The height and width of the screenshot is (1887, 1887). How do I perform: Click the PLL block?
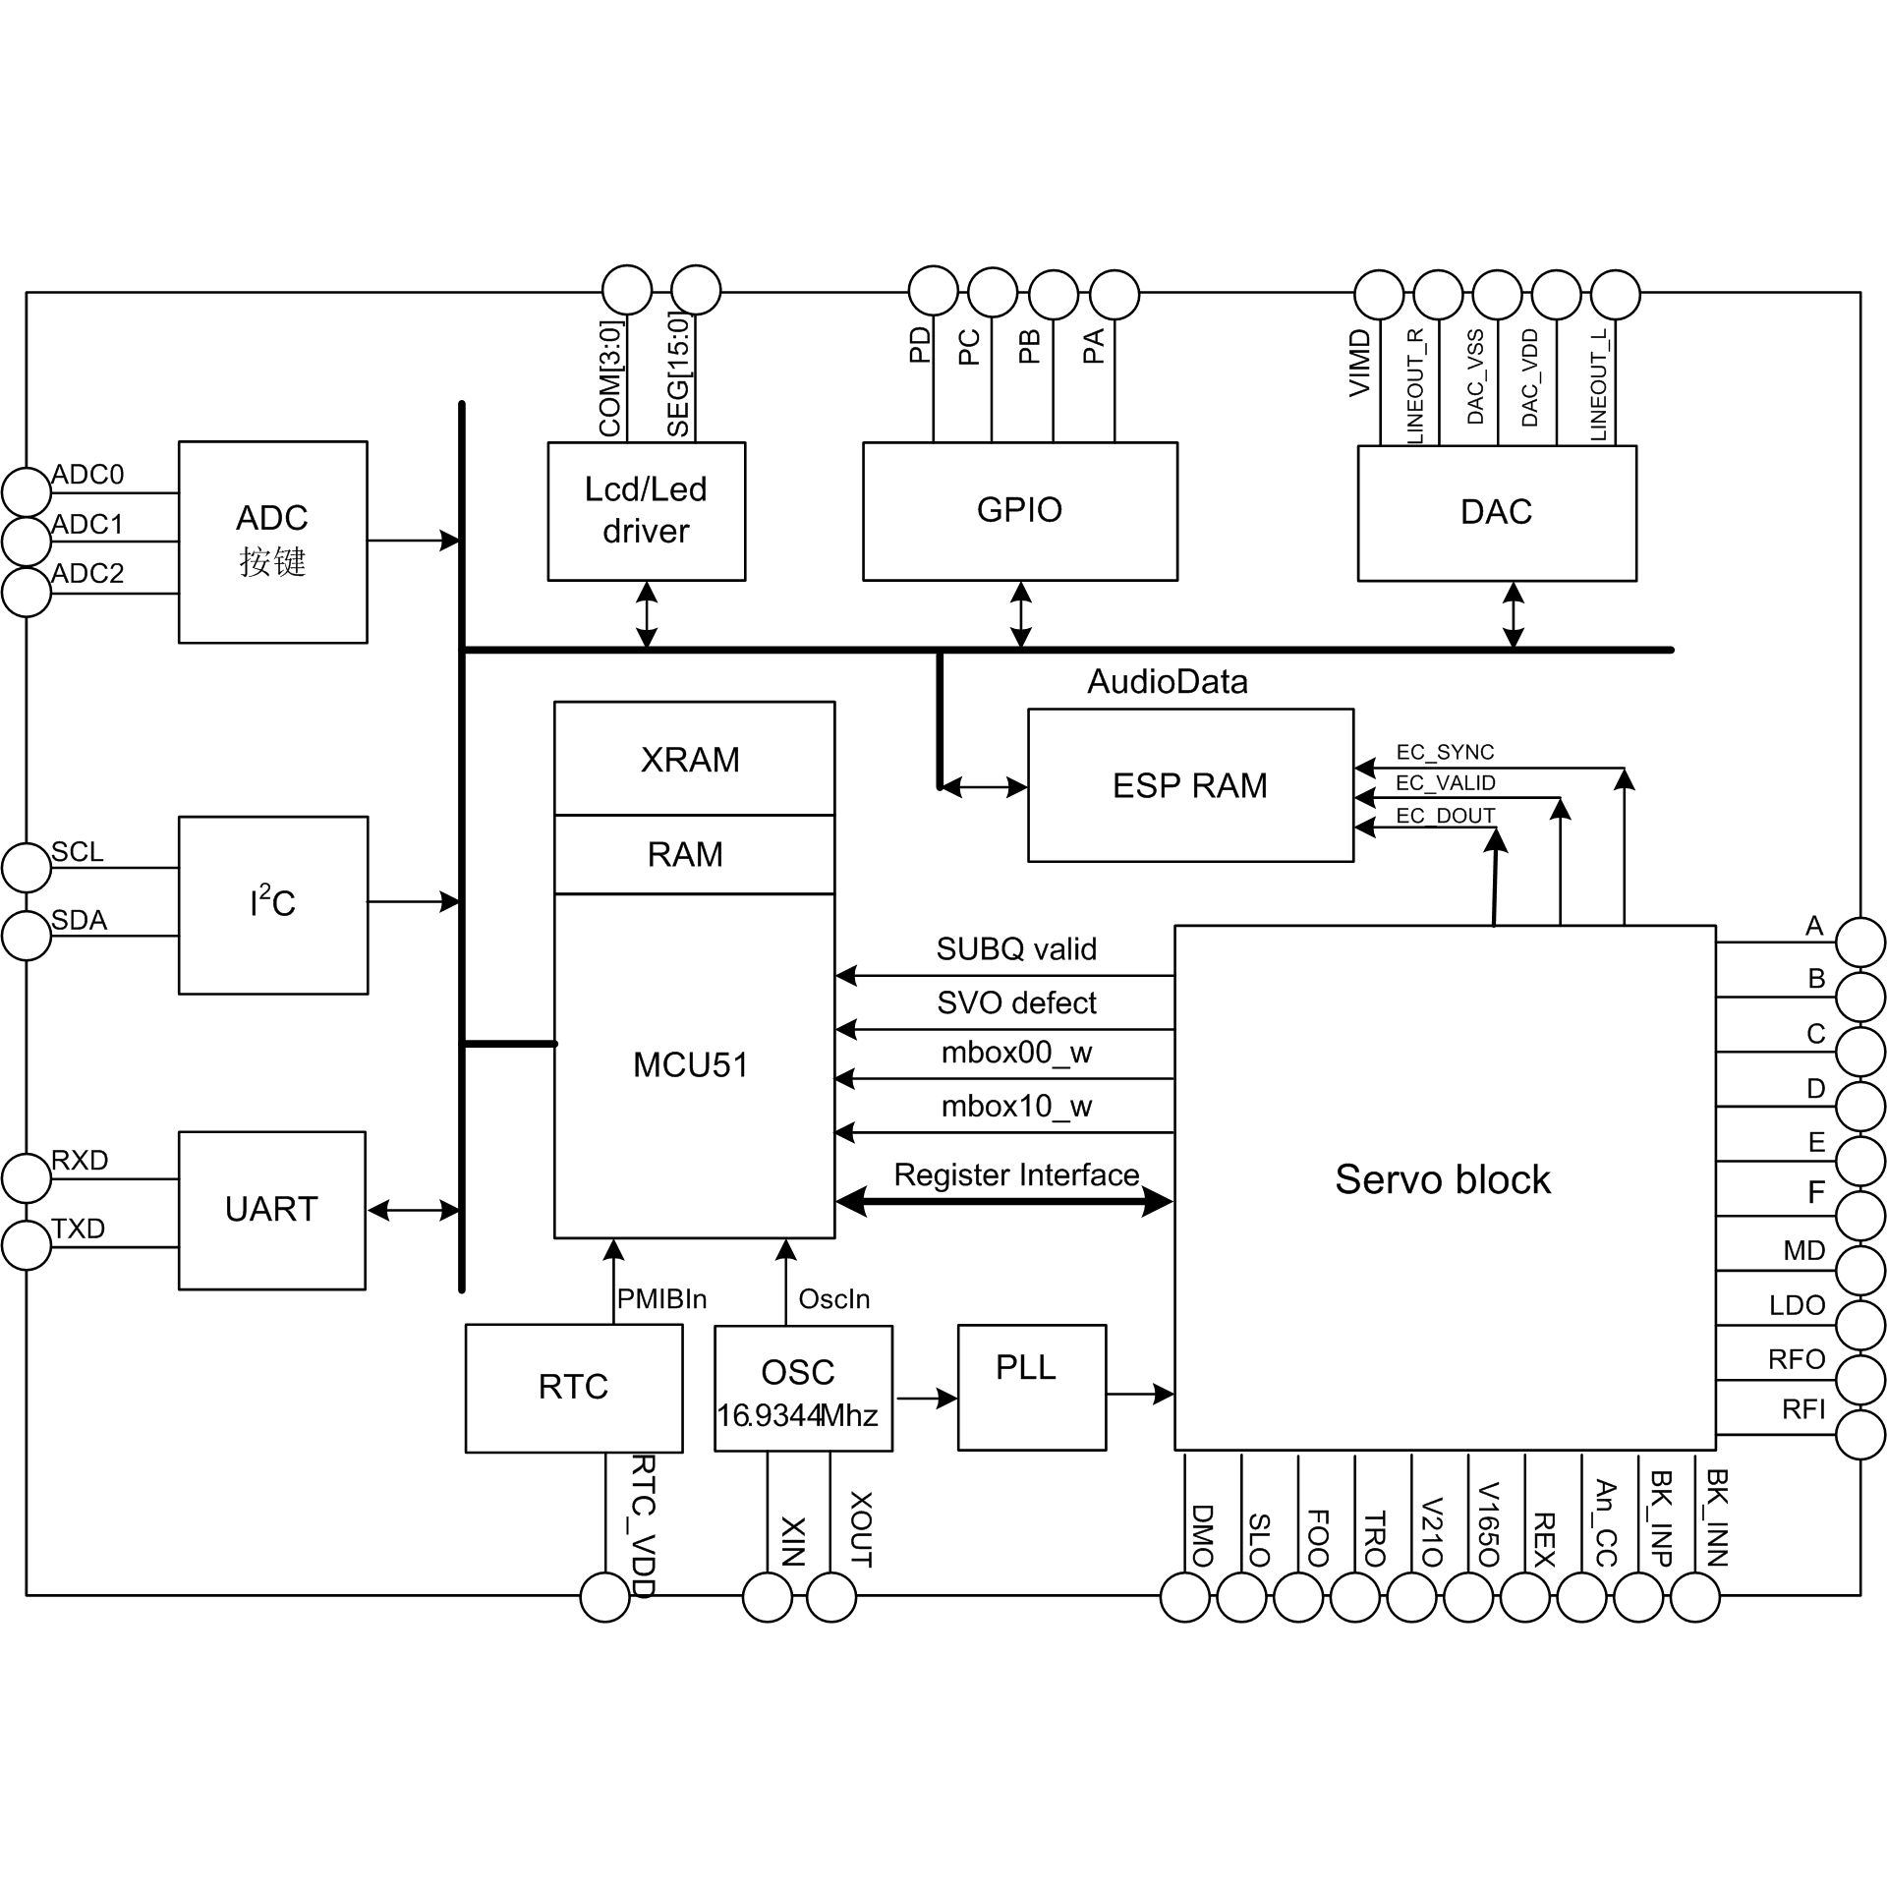[x=1031, y=1388]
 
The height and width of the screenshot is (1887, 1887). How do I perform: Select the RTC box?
[x=573, y=1388]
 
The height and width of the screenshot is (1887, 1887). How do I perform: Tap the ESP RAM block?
[x=1190, y=785]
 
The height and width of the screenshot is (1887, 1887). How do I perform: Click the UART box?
[x=272, y=1210]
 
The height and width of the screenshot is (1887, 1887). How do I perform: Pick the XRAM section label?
[x=690, y=760]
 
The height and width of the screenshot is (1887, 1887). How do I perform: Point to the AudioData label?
[x=1167, y=682]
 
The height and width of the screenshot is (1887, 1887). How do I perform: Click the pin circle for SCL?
[x=27, y=867]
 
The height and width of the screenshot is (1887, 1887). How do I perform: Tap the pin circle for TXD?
[x=27, y=1245]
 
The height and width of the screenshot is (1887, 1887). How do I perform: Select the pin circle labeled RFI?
[x=1860, y=1434]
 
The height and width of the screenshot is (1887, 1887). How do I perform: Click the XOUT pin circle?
[x=831, y=1597]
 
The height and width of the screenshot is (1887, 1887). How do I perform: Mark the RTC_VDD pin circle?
[x=604, y=1597]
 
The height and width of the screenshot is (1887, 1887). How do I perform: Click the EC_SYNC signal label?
[x=1445, y=753]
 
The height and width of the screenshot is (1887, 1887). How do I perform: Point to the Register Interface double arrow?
[x=1004, y=1201]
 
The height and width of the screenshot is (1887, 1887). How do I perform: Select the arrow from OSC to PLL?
[x=926, y=1398]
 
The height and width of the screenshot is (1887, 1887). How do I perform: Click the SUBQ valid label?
[x=1016, y=949]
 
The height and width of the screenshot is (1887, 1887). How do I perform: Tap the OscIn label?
[x=834, y=1299]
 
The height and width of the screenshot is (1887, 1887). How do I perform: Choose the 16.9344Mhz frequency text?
[x=797, y=1416]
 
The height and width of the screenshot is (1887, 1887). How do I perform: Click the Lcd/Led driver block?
[x=646, y=511]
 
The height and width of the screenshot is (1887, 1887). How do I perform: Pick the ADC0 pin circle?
[x=27, y=491]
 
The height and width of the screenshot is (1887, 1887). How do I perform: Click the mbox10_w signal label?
[x=1016, y=1107]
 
